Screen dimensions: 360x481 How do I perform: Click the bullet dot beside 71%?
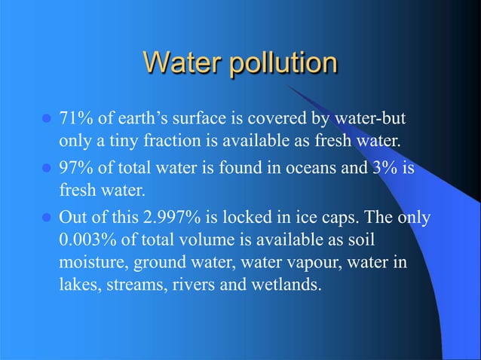tap(45, 121)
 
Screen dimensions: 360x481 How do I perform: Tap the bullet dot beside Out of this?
tap(45, 218)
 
